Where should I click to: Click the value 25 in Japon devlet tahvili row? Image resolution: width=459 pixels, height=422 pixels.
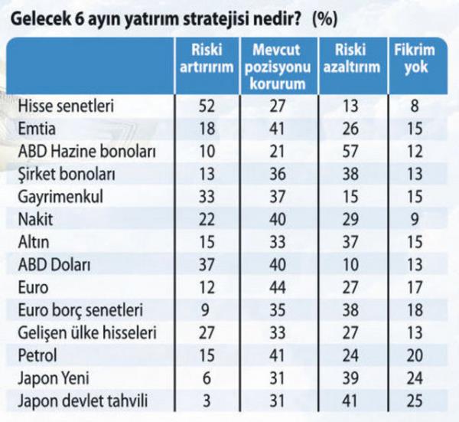point(414,401)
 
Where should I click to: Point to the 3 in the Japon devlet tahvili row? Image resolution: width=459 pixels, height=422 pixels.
point(206,401)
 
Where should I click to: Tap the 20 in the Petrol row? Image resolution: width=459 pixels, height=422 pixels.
point(414,355)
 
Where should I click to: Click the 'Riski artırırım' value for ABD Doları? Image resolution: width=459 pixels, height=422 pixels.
point(205,265)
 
